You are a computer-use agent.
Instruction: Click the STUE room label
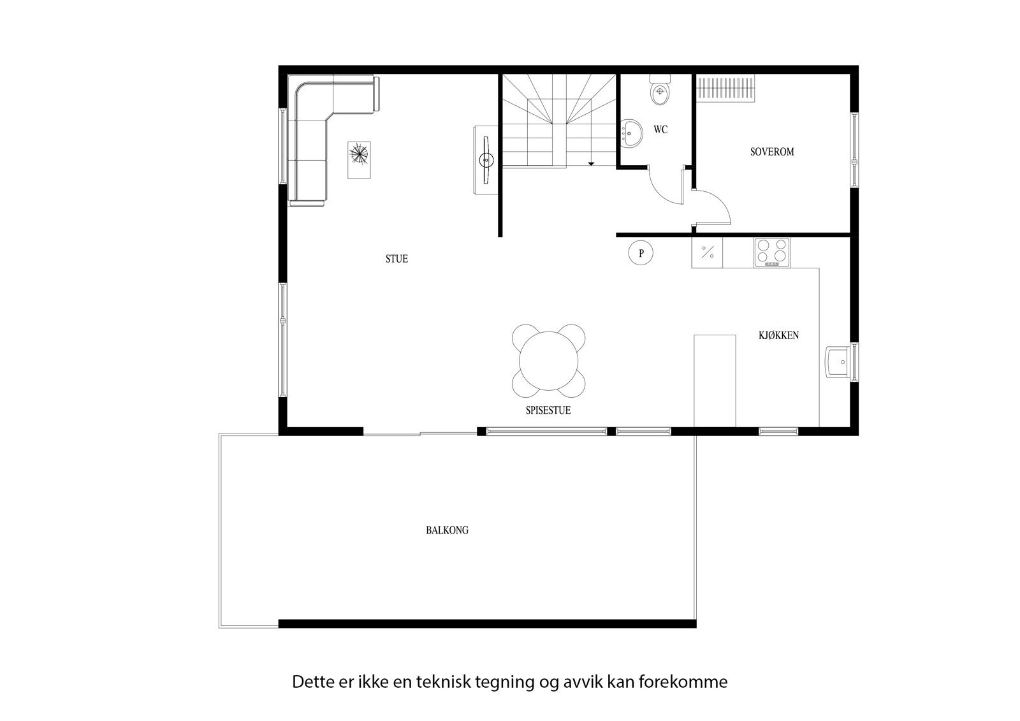[x=396, y=259]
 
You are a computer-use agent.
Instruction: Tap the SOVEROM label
[x=771, y=152]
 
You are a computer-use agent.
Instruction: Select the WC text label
[x=660, y=129]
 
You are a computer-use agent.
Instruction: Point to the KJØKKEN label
[x=778, y=335]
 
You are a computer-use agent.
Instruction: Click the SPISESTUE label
[x=548, y=411]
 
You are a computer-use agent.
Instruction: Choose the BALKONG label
[x=447, y=530]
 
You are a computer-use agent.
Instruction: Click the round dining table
[x=548, y=360]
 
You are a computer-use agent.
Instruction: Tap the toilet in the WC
[x=659, y=92]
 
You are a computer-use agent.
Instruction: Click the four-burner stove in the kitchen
[x=771, y=252]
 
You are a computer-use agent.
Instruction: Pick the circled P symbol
[x=641, y=253]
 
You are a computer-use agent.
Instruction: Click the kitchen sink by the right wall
[x=839, y=362]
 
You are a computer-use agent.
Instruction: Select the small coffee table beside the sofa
[x=359, y=160]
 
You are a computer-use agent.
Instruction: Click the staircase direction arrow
[x=591, y=163]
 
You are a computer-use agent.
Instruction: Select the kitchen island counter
[x=714, y=380]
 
